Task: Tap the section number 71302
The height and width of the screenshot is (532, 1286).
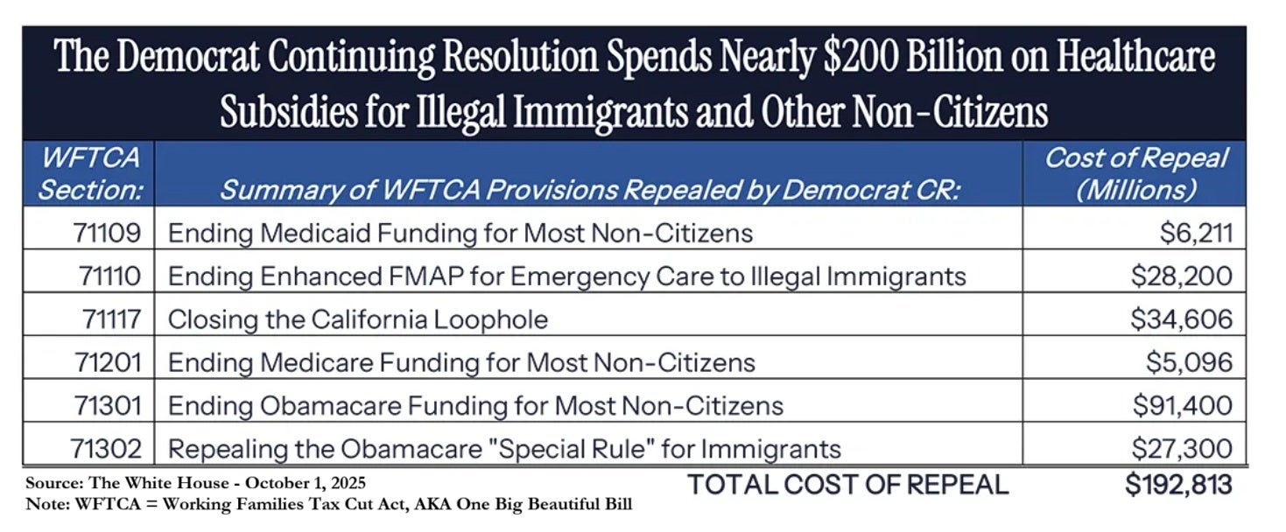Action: coord(106,450)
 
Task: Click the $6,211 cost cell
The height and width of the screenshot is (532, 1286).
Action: coord(1191,234)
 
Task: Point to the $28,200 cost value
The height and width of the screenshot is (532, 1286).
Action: coord(1181,276)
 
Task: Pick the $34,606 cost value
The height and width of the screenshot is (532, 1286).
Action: coord(1181,319)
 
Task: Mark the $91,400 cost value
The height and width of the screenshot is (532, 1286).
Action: coord(1182,406)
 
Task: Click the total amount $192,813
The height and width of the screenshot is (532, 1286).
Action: coord(1178,484)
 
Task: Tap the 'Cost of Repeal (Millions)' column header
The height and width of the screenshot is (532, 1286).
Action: coord(1136,174)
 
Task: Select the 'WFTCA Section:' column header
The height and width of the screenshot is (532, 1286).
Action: coord(90,174)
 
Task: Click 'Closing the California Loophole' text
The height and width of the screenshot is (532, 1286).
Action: coord(357,319)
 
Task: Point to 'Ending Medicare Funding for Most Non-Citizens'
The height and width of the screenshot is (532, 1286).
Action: coord(461,362)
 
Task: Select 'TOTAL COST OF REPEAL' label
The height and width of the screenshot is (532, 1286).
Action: coord(847,484)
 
